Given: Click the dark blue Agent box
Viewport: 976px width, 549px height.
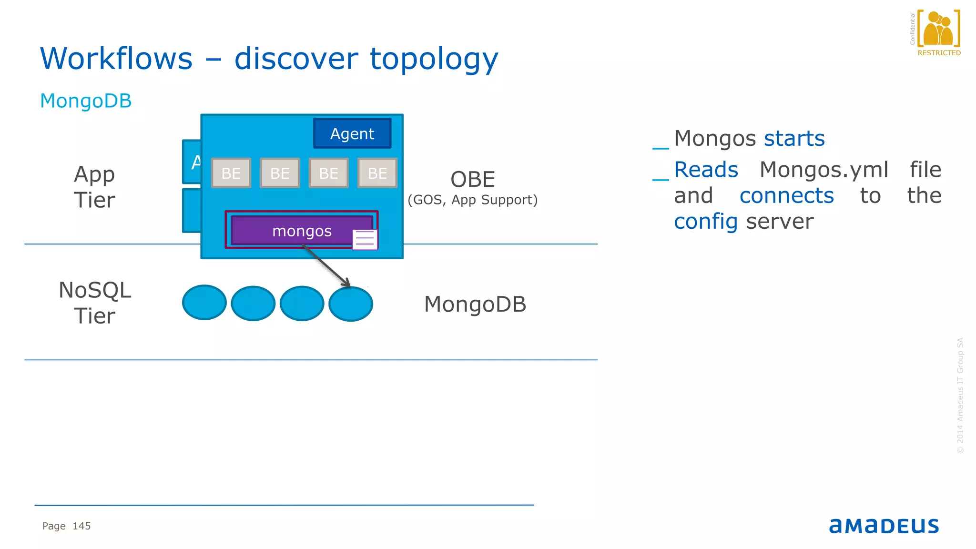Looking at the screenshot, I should tap(352, 133).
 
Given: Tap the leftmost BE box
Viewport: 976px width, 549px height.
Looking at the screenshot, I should tap(231, 173).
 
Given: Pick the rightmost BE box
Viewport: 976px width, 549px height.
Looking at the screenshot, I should tap(377, 173).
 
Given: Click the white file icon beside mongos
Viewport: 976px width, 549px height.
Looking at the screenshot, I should tap(365, 240).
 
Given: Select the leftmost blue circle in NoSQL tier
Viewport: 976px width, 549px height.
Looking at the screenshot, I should tap(204, 303).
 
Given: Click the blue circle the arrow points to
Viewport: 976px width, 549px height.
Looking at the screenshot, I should tap(351, 304).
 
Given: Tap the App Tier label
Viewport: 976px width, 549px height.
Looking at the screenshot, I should tap(94, 187).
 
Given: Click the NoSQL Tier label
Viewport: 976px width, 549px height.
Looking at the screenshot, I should tap(94, 303).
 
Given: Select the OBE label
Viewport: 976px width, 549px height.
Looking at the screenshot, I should tap(473, 180).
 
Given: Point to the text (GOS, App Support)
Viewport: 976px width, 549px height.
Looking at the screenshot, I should tap(472, 200).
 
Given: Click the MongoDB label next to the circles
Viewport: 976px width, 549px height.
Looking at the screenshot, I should tap(475, 304).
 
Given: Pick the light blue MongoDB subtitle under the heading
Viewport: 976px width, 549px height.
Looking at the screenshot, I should tap(86, 101).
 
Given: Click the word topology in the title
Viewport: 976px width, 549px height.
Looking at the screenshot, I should tap(434, 59).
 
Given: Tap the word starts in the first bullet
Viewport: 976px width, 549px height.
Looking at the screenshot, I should tap(794, 139).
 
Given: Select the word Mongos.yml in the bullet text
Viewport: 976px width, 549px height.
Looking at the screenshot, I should tap(824, 170).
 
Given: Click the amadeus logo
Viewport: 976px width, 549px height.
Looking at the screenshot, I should tap(884, 526).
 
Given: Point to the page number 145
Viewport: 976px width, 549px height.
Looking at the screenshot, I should tap(81, 526).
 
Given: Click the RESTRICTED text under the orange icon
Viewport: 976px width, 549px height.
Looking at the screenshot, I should tap(939, 53).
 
